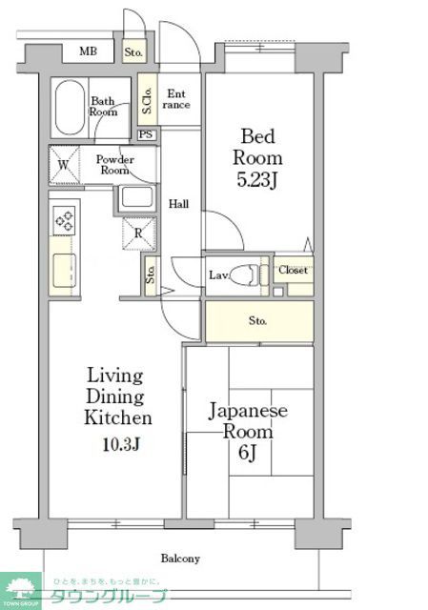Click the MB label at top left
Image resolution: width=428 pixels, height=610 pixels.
pyautogui.click(x=88, y=51)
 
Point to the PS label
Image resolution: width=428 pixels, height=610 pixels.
pyautogui.click(x=146, y=134)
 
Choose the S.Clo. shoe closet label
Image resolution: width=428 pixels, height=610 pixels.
pyautogui.click(x=148, y=98)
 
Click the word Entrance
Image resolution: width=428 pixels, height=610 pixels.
pyautogui.click(x=177, y=99)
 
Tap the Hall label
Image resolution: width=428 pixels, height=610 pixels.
pyautogui.click(x=178, y=204)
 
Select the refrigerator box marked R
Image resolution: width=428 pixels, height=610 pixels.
pyautogui.click(x=138, y=233)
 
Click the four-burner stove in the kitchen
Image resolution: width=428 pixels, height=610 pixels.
pyautogui.click(x=65, y=221)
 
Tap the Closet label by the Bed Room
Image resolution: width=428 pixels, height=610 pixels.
pyautogui.click(x=293, y=271)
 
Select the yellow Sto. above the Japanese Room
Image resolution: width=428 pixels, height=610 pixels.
pyautogui.click(x=258, y=321)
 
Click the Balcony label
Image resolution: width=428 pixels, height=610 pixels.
pyautogui.click(x=179, y=559)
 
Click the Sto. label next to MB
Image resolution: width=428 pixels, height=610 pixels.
pyautogui.click(x=133, y=51)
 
